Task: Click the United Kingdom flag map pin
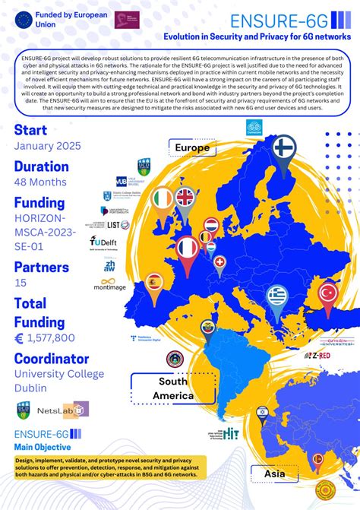pos(185,198)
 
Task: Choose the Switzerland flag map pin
pos(220,264)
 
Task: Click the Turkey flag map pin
pos(328,293)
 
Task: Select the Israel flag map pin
pos(262,411)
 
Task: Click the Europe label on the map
pos(193,148)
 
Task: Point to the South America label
pos(173,388)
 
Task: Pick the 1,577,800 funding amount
pos(51,337)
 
